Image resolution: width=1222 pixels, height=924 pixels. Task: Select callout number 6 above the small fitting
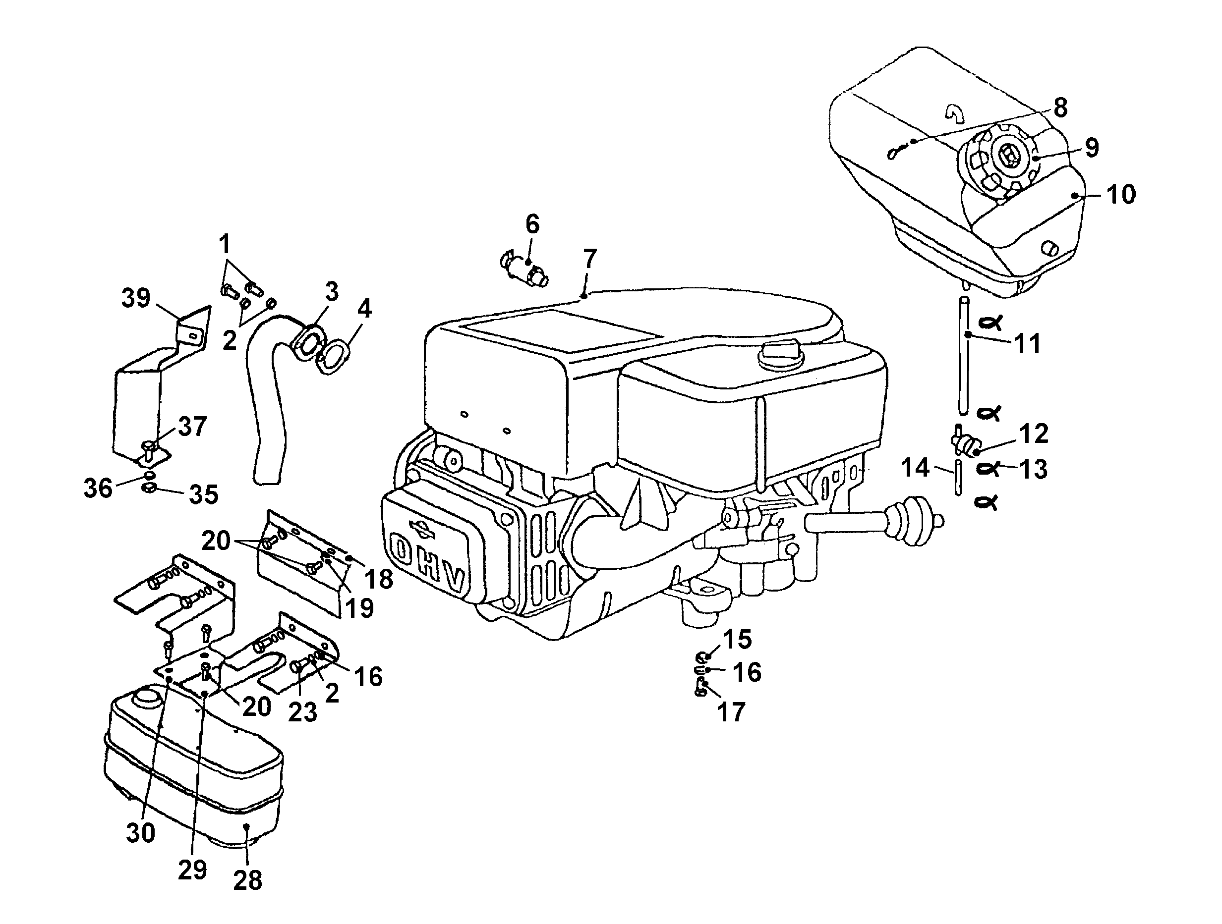[x=531, y=224]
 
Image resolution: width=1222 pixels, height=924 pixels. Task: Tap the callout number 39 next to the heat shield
[x=136, y=299]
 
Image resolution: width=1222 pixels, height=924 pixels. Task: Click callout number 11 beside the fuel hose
[x=1028, y=343]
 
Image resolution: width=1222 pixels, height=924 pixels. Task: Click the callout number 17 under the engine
[x=731, y=712]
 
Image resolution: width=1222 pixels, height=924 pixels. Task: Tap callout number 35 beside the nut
[x=203, y=494]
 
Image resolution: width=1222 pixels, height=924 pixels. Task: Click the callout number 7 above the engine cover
[x=589, y=258]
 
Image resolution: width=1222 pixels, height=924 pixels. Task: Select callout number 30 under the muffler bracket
[x=140, y=832]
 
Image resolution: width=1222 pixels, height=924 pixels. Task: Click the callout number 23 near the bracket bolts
[x=303, y=712]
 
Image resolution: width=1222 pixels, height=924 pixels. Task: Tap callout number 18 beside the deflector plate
[x=379, y=579]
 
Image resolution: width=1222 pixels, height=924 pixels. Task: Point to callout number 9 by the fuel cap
[x=1091, y=147]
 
